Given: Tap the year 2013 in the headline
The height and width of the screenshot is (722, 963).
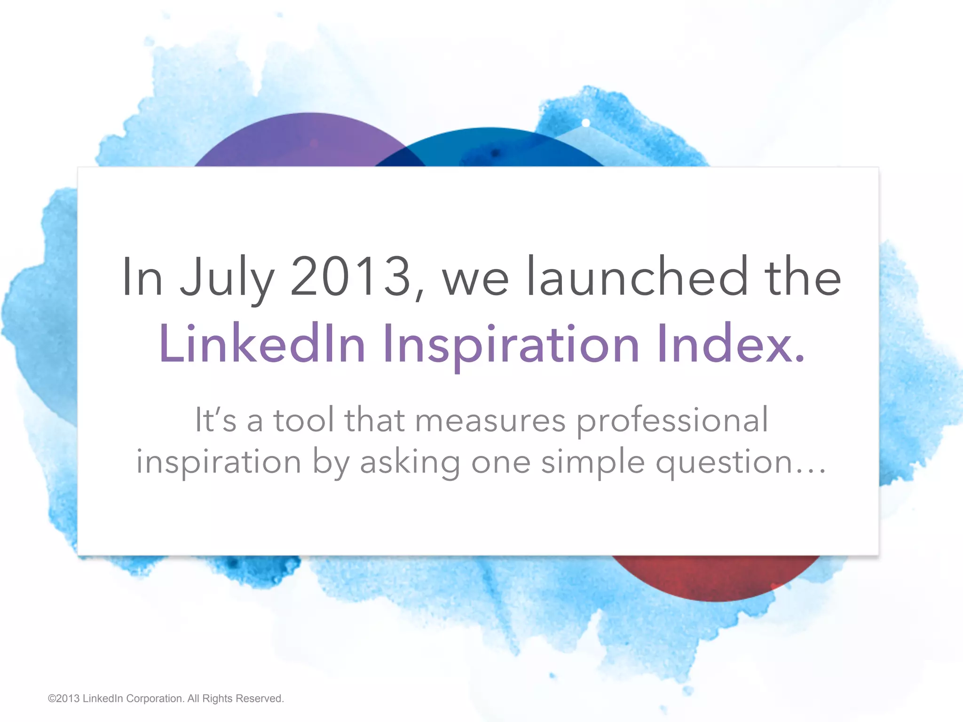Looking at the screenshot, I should tap(350, 277).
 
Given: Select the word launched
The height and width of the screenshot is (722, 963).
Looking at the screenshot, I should tap(637, 277).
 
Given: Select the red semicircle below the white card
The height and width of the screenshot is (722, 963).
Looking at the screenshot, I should tap(715, 576).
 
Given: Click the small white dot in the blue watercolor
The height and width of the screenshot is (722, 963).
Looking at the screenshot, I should tap(586, 123).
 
